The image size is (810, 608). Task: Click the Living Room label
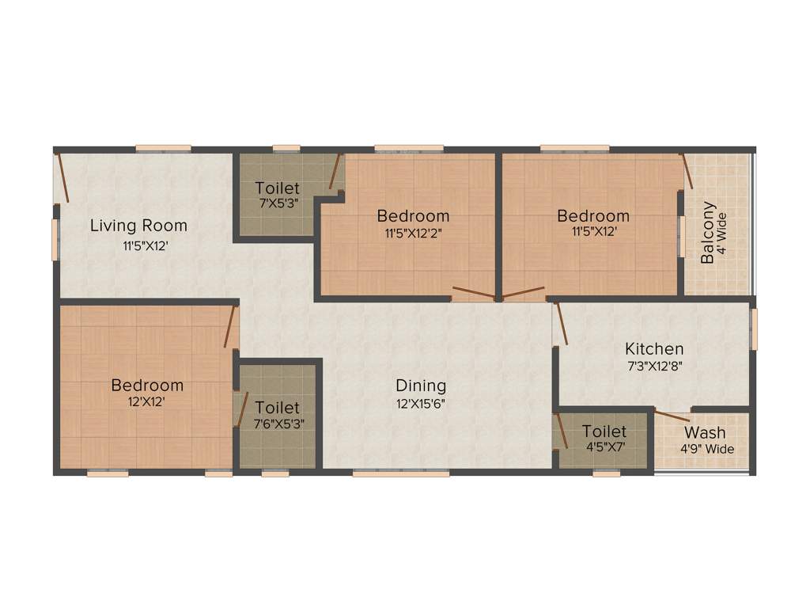pos(138,225)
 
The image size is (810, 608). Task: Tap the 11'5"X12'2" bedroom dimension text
pos(413,233)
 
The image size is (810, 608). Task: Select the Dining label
pos(421,386)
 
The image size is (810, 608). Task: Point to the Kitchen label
pos(654,348)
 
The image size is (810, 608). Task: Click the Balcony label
pos(709,233)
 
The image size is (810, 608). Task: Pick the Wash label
pos(705,432)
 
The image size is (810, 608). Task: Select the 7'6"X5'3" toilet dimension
pos(278,424)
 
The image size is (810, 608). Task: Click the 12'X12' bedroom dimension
pos(147,401)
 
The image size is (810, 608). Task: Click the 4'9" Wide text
pos(706,449)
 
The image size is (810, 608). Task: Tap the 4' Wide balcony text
pos(721,233)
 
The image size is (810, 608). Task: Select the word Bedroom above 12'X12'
pos(147,385)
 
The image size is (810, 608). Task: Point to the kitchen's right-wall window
pos(754,328)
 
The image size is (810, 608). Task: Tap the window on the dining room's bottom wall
pos(400,473)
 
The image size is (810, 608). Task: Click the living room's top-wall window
pos(162,148)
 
